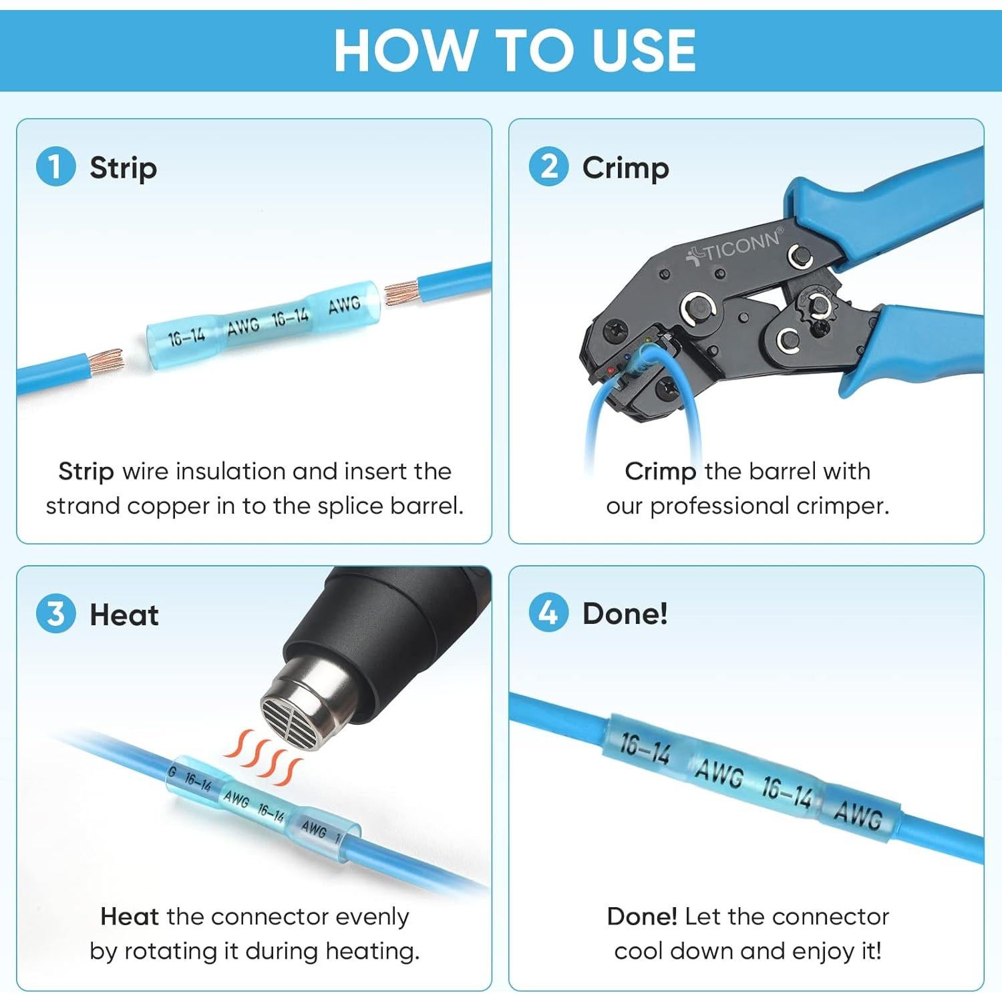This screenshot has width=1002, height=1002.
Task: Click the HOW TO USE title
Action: tap(514, 50)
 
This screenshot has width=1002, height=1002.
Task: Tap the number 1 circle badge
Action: tap(55, 167)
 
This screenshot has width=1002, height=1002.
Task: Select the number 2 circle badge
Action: tap(548, 167)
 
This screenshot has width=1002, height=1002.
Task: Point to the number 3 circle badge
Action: tap(55, 614)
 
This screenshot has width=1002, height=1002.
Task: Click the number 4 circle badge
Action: tap(548, 613)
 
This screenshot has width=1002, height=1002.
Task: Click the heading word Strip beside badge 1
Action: tap(124, 168)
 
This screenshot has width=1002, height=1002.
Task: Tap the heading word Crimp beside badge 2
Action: tap(625, 168)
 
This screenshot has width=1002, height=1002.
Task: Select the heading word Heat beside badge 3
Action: tap(124, 615)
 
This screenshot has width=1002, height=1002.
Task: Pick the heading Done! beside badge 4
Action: tap(625, 613)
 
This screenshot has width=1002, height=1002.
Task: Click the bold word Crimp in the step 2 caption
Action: tap(660, 472)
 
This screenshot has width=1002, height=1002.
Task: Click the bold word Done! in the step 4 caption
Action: tap(642, 916)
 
